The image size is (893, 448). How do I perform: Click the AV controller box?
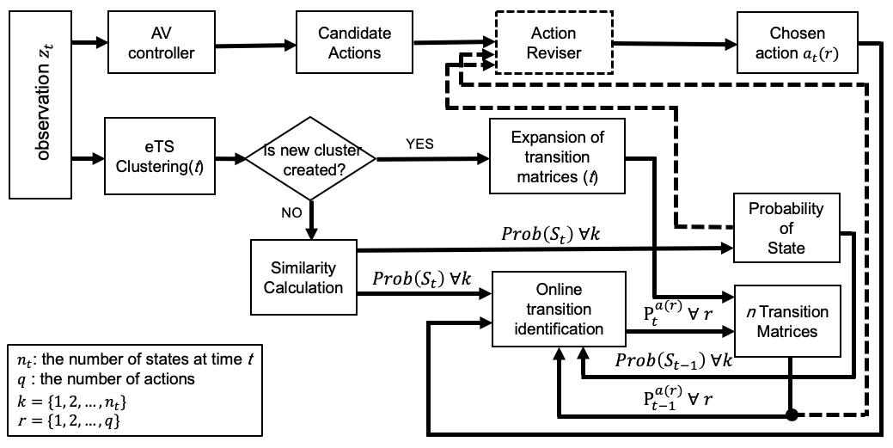pos(162,42)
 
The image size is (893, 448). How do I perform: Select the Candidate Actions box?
pos(354,42)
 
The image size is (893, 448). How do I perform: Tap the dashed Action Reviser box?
pos(554,42)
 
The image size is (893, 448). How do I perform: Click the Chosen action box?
pos(798,42)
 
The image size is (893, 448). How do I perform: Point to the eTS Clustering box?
pos(160,156)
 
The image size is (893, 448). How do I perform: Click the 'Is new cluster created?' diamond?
pos(310,158)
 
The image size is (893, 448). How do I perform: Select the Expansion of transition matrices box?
pos(557,156)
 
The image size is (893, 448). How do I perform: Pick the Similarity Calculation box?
pos(303,277)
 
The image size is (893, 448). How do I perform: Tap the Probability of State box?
pos(786,228)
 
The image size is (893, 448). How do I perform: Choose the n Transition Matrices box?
pos(787,321)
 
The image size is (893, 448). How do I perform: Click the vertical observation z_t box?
pos(40,104)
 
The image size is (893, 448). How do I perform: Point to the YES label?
pos(419,144)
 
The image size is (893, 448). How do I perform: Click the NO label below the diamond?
pos(291,212)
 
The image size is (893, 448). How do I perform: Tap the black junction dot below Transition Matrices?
pos(791,415)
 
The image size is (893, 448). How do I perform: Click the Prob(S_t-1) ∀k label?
pos(673,361)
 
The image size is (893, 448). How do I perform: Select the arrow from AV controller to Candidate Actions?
pos(256,44)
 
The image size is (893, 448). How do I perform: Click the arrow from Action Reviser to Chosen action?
pos(675,43)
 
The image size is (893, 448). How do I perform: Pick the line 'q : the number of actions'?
pos(106,378)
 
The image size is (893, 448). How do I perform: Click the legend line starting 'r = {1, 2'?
pos(69,422)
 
